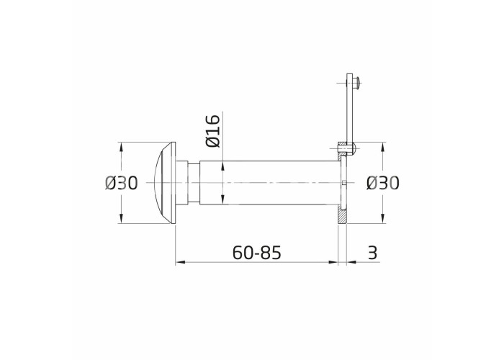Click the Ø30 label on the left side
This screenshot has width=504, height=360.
point(121,183)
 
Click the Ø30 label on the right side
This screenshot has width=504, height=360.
point(382,183)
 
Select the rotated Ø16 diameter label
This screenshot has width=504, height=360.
point(213,131)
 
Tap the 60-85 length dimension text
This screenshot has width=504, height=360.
point(256,252)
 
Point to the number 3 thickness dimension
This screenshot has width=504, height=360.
point(372,252)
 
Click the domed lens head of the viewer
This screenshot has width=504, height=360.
point(165,183)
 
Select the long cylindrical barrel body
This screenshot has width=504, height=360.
point(269,183)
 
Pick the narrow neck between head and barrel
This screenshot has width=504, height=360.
point(194,183)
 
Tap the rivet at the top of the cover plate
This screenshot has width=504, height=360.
point(356,83)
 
